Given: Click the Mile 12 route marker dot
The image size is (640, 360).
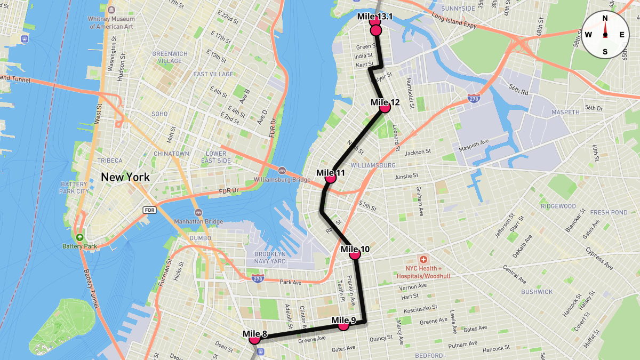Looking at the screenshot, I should (x=385, y=107).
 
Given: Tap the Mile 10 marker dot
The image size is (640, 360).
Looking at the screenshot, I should (x=355, y=254).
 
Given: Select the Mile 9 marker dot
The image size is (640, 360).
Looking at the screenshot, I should (x=344, y=325).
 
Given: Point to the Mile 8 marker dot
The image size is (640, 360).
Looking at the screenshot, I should (x=255, y=338).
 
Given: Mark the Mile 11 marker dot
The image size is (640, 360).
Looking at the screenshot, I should (x=331, y=178).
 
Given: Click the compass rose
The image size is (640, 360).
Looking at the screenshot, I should (x=605, y=35).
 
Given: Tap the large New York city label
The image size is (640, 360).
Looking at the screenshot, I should (x=125, y=177).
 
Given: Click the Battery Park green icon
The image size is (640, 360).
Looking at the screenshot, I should (x=80, y=237).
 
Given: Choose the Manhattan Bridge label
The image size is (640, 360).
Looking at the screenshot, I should (x=198, y=221).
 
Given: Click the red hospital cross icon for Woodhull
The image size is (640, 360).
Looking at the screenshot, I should (x=423, y=259).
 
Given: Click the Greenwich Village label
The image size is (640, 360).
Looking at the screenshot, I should (x=170, y=57).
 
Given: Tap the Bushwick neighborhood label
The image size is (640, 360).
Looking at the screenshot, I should (x=537, y=292).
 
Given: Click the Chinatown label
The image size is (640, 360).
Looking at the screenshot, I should (x=171, y=154).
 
